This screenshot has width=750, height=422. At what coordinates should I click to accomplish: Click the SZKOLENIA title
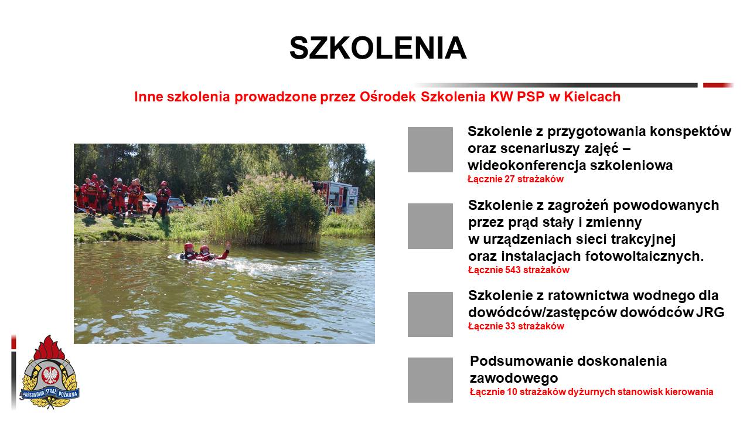pyautogui.click(x=378, y=48)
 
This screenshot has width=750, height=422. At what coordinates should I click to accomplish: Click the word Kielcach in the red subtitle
pyautogui.click(x=592, y=97)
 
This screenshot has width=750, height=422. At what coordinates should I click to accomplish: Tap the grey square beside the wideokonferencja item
pyautogui.click(x=430, y=149)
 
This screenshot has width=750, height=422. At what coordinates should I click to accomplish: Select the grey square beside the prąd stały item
pyautogui.click(x=430, y=226)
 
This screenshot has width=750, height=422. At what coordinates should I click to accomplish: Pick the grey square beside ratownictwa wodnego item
pyautogui.click(x=430, y=314)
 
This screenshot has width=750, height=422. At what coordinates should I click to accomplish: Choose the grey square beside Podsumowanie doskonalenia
pyautogui.click(x=430, y=380)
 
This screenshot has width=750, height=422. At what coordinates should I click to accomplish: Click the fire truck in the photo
pyautogui.click(x=336, y=197)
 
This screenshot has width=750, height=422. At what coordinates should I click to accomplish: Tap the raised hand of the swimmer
pyautogui.click(x=228, y=246)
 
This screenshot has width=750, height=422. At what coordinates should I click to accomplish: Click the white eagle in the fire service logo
pyautogui.click(x=50, y=375)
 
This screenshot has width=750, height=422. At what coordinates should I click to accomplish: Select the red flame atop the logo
pyautogui.click(x=49, y=348)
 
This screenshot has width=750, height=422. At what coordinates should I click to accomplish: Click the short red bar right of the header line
pyautogui.click(x=718, y=86)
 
